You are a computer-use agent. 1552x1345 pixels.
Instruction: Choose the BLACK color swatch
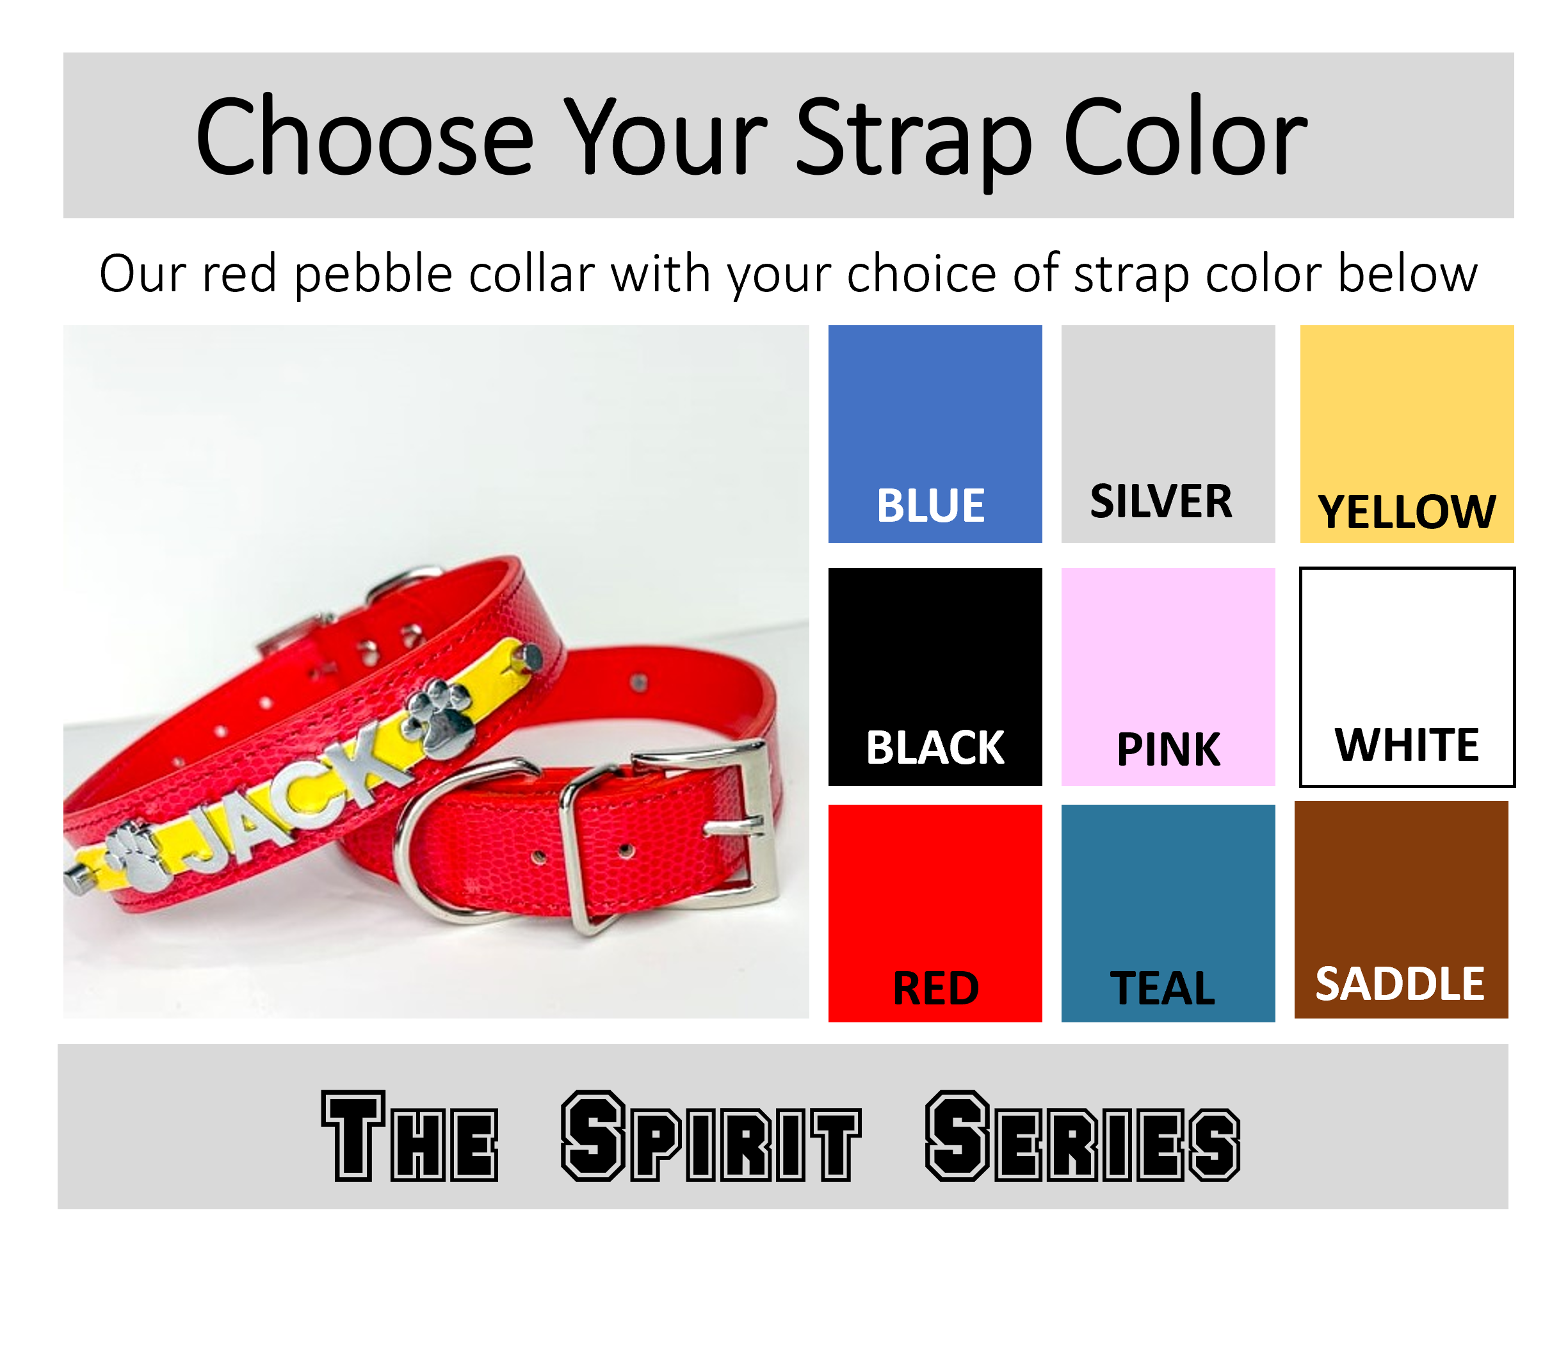(934, 675)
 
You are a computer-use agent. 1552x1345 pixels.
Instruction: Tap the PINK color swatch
(1167, 675)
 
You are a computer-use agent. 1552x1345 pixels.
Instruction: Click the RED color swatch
(934, 912)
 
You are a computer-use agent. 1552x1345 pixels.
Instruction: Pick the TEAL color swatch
(1167, 912)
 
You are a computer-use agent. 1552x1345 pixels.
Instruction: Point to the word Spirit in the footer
(710, 1136)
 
